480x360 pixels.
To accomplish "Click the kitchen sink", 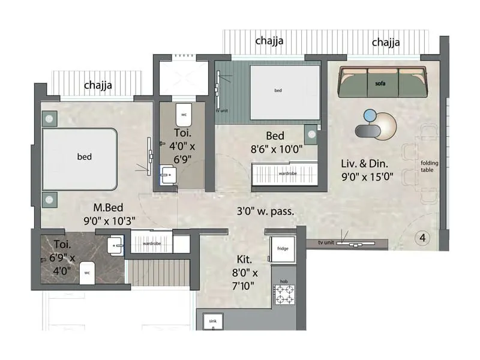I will click(x=212, y=322).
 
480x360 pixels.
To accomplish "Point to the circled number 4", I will click(x=422, y=238).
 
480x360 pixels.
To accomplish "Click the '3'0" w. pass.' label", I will click(x=265, y=211).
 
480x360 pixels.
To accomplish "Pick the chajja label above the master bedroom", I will click(x=98, y=85).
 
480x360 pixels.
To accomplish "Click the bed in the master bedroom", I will click(x=80, y=157).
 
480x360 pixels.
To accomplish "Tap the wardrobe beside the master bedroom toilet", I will click(x=149, y=244).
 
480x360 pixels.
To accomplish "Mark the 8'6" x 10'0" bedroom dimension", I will click(x=275, y=149).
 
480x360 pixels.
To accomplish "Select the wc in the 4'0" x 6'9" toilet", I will click(x=184, y=113).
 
